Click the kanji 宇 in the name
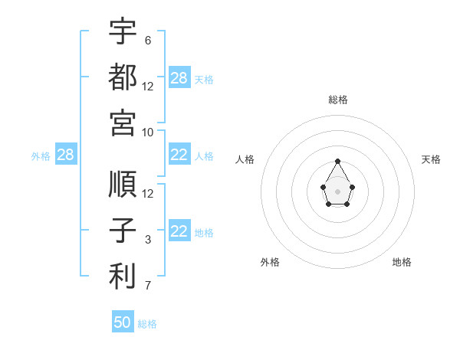[x=123, y=31]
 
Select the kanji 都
[x=123, y=77]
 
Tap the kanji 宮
[x=123, y=123]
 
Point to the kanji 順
[x=123, y=184]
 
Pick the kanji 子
[x=123, y=230]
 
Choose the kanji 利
[x=123, y=276]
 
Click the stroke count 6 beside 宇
[x=148, y=41]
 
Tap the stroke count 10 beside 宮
[x=147, y=133]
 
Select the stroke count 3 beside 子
[x=148, y=240]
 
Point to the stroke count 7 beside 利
[x=148, y=286]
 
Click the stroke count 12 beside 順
[x=147, y=194]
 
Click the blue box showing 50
[x=123, y=321]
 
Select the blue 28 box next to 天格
[x=179, y=77]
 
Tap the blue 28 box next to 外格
[x=66, y=154]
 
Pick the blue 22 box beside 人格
[x=179, y=154]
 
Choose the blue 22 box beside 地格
[x=179, y=230]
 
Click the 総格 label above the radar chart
[x=338, y=100]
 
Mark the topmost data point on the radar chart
[x=337, y=162]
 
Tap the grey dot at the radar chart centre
[x=337, y=191]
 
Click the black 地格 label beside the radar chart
[x=402, y=262]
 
